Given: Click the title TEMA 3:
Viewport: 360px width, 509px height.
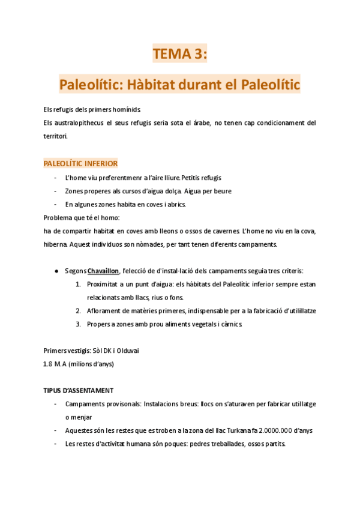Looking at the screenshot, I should click(179, 55).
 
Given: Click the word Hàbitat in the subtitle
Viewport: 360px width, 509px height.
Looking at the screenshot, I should click(167, 85).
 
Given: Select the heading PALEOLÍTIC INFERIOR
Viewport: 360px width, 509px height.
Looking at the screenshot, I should click(80, 163).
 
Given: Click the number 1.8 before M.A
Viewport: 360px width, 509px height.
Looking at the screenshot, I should click(49, 364).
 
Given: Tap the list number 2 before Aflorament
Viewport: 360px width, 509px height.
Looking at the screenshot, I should click(79, 310).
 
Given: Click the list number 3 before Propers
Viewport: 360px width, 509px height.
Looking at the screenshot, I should click(79, 324).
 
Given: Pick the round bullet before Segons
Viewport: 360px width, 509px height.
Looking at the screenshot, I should click(56, 271).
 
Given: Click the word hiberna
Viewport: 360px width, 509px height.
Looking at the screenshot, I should click(55, 244).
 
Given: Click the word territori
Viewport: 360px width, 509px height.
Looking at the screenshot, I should click(55, 136).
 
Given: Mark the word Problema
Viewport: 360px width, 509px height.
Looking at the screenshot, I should click(59, 217).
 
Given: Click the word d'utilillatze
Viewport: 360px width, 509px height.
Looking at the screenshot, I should click(295, 310).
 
